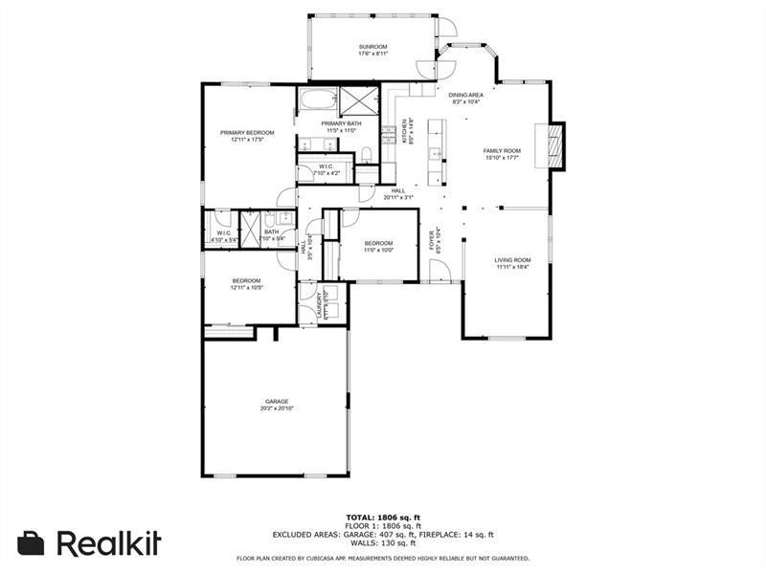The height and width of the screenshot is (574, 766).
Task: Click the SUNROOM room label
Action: pos(373,47)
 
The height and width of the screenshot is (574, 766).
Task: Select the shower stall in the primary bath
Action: pos(359,100)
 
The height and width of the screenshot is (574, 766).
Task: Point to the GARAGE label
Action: pos(277,402)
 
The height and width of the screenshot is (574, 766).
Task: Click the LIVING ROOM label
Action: pos(512,260)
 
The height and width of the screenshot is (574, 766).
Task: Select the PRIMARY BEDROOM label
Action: pos(247,133)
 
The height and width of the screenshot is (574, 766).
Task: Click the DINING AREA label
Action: pos(466,96)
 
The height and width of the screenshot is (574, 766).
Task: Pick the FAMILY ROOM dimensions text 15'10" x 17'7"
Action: pos(501,159)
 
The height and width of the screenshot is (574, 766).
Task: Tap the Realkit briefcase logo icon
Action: pos(32,542)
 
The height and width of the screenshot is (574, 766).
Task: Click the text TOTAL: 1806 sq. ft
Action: pos(382,517)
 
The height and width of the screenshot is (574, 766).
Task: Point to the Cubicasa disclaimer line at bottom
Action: pos(382,558)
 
